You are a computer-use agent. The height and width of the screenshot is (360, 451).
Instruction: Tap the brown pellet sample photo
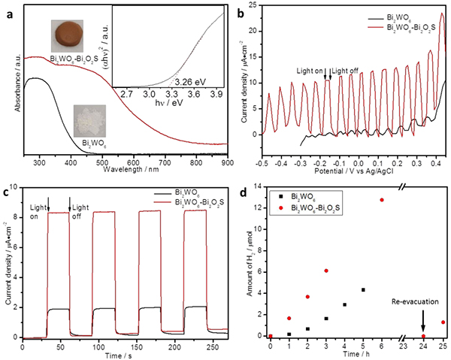click(69, 34)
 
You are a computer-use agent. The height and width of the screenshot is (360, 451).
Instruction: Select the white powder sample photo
click(88, 119)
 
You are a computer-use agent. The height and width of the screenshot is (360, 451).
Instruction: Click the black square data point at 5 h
click(363, 289)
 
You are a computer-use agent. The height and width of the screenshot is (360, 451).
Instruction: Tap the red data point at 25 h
click(443, 322)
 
